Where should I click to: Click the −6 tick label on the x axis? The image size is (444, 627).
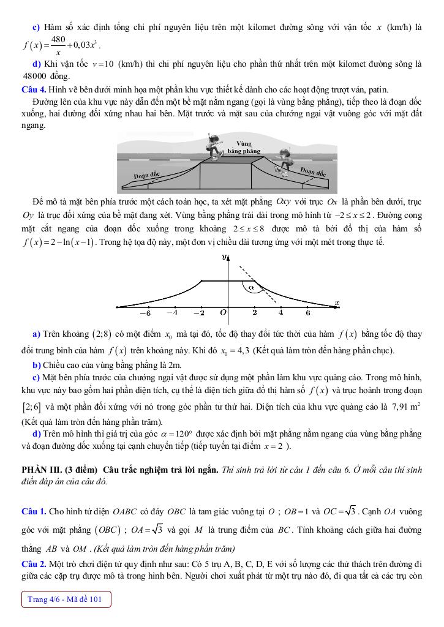coord(145,313)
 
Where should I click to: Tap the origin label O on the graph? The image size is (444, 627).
coord(224,313)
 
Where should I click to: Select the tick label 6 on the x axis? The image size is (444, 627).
coord(308,313)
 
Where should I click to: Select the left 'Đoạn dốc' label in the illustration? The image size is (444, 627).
coord(146,175)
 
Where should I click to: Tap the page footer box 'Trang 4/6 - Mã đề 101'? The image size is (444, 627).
coord(66,599)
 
